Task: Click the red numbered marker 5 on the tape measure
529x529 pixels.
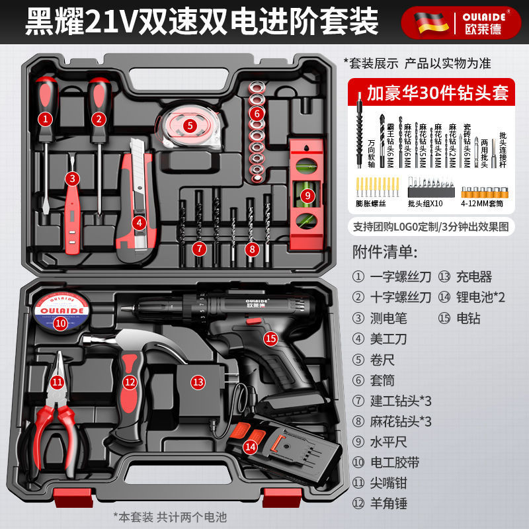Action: click(190, 124)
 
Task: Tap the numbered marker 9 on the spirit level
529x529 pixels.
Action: click(307, 195)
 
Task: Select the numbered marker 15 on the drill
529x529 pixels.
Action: click(270, 339)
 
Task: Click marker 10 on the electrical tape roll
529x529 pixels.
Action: click(60, 323)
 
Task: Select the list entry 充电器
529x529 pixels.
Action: click(475, 277)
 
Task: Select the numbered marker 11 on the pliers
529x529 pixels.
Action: click(58, 382)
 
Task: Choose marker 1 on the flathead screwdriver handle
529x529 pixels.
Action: click(45, 119)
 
